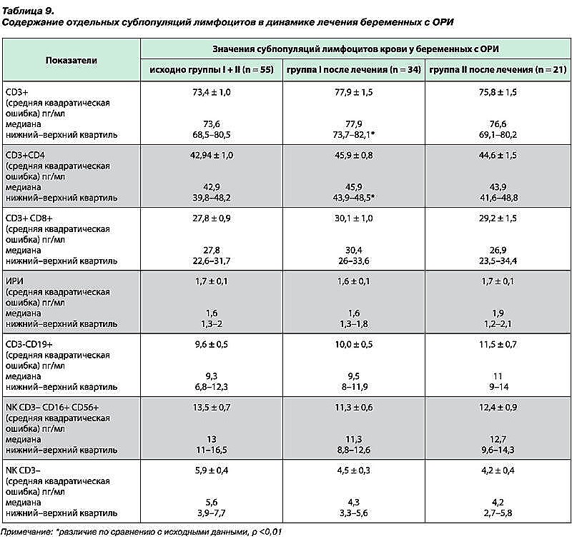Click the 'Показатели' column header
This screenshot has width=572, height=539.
(71, 60)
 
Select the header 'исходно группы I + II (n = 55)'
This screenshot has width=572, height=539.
(212, 69)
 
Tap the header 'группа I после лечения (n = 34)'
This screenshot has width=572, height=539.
(354, 69)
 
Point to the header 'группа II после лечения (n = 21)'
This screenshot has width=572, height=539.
(498, 69)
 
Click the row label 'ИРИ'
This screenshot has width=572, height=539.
(14, 281)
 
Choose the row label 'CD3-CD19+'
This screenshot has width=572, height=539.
(29, 344)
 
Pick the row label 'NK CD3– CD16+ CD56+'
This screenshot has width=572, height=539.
(52, 407)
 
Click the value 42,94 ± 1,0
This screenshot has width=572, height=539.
(212, 155)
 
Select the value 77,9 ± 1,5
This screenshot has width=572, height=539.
(354, 92)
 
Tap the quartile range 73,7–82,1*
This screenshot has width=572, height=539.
(354, 135)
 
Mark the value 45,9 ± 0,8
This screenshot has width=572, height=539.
(354, 155)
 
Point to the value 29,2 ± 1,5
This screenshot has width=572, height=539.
(498, 218)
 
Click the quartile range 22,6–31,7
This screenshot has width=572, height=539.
(212, 261)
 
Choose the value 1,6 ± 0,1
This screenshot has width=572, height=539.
(354, 281)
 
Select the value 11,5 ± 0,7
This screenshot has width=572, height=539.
(498, 344)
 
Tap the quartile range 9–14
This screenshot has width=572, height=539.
(498, 387)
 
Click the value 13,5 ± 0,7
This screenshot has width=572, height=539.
(212, 407)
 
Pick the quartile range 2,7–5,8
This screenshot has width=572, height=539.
(498, 513)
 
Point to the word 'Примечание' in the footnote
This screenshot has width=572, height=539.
(27, 532)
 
